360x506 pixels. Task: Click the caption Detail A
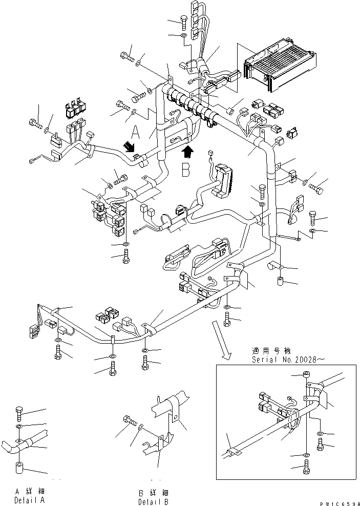coord(30,499)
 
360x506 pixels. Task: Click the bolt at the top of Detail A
coord(18,411)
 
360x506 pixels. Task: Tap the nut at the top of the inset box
coord(306,376)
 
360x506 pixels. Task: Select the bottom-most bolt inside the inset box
coord(306,467)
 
